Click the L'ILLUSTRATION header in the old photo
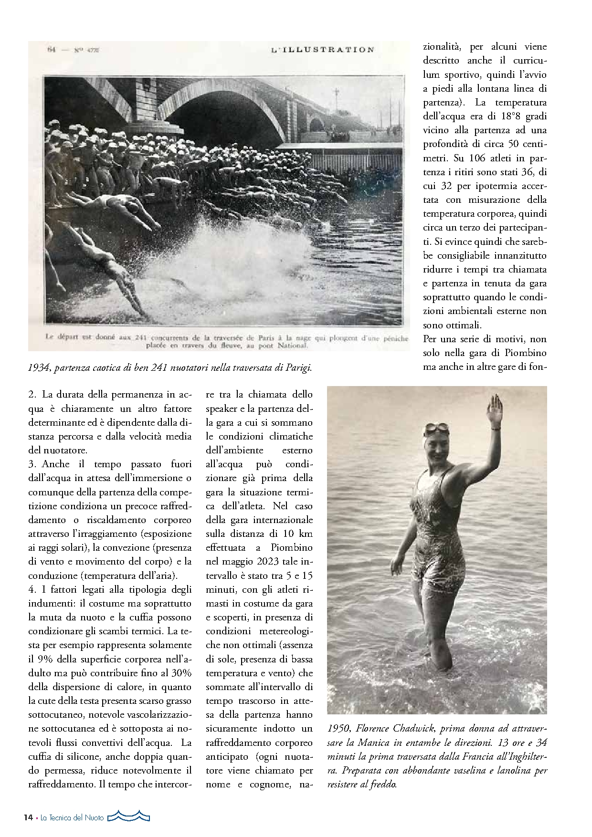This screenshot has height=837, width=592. coord(322,50)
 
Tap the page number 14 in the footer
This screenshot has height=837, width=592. coord(28,817)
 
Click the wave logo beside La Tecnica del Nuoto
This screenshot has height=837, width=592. coord(128,816)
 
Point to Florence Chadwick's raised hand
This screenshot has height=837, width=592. coord(494,408)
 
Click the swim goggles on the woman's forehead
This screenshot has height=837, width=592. coord(435,428)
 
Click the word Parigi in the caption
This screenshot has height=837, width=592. coord(299,368)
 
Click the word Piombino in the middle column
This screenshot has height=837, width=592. coord(292,547)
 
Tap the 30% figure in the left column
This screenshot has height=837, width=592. coord(182,673)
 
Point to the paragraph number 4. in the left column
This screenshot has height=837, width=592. coord(32,589)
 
